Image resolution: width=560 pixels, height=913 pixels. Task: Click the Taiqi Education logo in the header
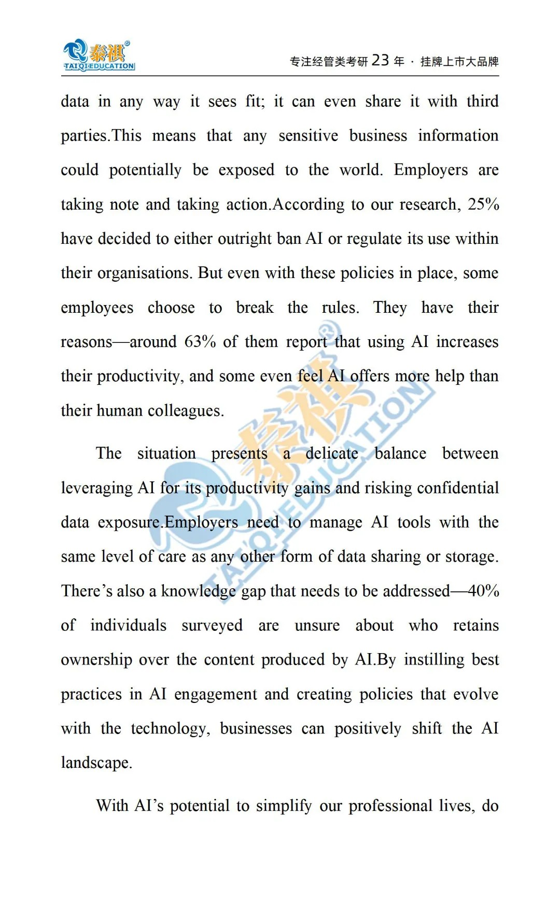coord(99,55)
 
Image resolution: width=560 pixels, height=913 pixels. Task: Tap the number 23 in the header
coord(380,61)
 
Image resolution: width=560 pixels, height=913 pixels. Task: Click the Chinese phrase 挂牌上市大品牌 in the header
coord(459,62)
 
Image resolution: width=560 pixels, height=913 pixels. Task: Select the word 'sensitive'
coord(308,136)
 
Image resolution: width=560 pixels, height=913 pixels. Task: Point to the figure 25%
coord(483,204)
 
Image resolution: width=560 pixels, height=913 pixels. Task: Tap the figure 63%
coord(200,342)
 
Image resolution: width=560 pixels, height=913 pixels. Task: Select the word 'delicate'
coord(332,453)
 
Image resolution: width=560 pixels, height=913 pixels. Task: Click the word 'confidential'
coord(458,488)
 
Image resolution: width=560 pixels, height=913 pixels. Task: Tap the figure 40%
coord(483,591)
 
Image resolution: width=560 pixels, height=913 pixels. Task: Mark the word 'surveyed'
coord(212,626)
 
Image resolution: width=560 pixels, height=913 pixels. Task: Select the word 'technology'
coord(170,729)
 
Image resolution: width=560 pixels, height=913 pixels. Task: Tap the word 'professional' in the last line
coord(390,806)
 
